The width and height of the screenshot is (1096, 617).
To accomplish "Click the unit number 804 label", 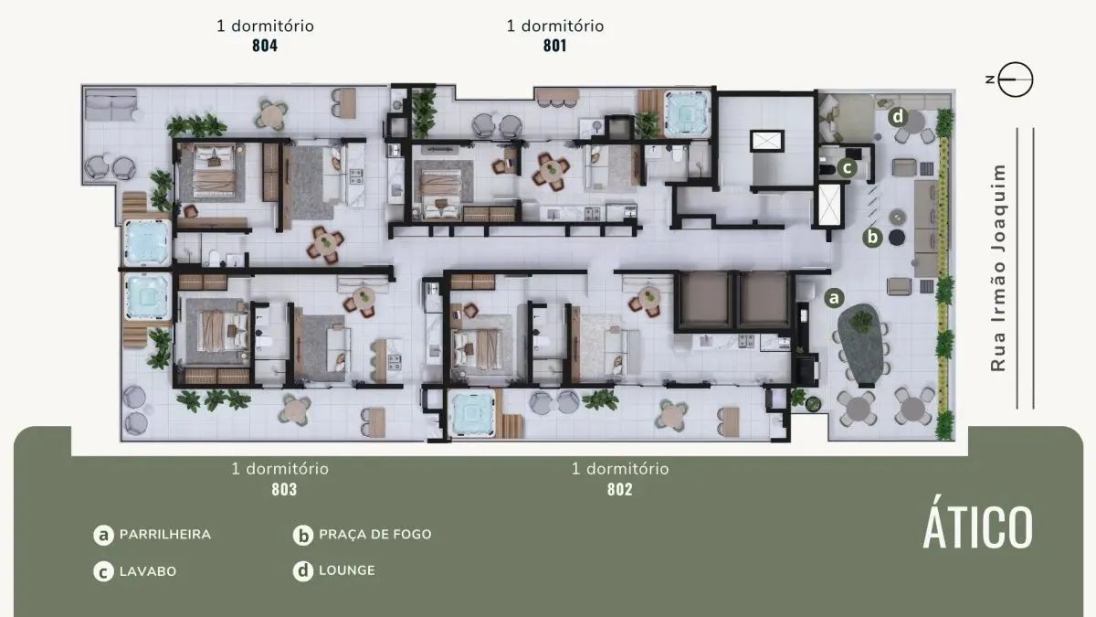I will tap(265, 46).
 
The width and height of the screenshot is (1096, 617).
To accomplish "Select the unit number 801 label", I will tap(554, 46).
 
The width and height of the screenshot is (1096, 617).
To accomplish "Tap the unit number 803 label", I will tap(284, 489).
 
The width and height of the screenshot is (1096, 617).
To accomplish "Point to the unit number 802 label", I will tap(620, 489).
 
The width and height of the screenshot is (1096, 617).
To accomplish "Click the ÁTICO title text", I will tap(977, 527).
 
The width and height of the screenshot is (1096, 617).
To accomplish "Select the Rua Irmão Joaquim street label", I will tap(998, 268).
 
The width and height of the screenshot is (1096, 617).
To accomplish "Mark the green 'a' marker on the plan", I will tap(833, 297).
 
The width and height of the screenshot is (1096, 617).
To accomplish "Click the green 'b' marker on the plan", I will tap(872, 238).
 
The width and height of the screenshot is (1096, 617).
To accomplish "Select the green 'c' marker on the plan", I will tap(847, 167).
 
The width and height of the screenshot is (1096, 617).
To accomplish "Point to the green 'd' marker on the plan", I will tap(898, 116).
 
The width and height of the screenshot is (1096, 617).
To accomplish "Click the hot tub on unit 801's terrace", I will tap(682, 112).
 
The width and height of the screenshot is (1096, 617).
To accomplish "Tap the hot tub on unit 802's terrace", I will tap(471, 412).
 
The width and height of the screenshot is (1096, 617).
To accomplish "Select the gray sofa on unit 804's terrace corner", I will tap(111, 109).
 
